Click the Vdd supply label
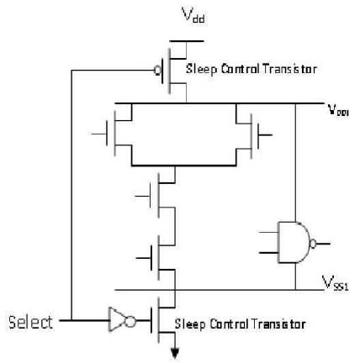193,15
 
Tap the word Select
30,322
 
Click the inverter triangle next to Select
116,319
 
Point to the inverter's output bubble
130,320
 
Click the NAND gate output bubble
313,244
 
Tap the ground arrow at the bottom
175,353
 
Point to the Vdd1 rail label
338,109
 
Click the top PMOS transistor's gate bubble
157,71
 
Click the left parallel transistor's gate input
98,134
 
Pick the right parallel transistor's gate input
265,135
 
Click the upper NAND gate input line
268,232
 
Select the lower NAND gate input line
268,253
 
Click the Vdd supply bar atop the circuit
187,41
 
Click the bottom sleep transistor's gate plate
152,320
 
